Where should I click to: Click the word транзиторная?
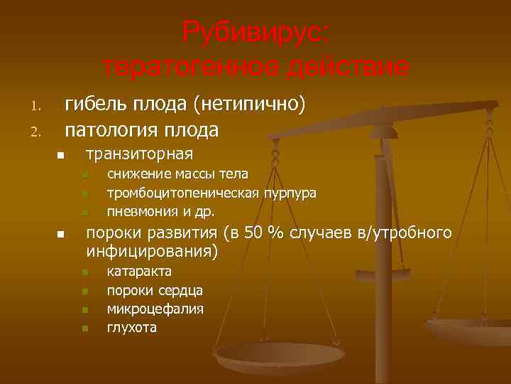139,154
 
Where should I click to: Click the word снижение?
136,174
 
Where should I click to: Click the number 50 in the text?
253,233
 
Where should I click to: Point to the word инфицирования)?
152,251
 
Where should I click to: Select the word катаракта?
138,272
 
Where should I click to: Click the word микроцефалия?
155,309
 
